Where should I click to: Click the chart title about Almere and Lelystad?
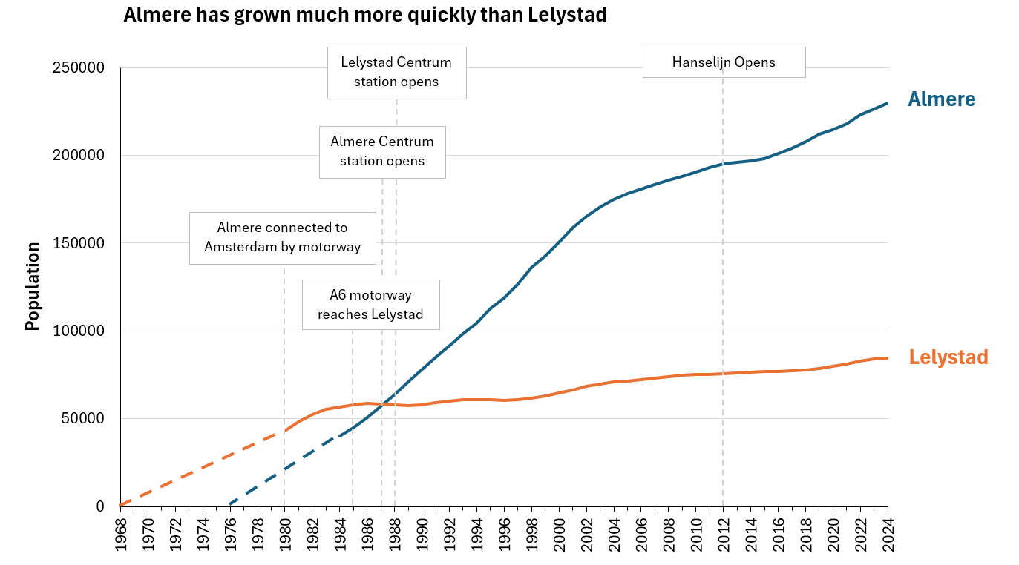[364, 16]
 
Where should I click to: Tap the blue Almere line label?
[941, 99]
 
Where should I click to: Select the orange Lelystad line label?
[948, 357]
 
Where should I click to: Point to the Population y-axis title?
[32, 286]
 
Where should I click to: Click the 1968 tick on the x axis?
[121, 532]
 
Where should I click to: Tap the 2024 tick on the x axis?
[888, 532]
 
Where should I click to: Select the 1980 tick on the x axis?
[285, 532]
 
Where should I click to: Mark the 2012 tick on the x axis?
[724, 532]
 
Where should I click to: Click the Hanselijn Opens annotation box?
[724, 62]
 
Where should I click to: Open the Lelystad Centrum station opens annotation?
[396, 72]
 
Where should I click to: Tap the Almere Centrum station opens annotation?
[382, 151]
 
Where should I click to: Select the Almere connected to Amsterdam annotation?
[282, 237]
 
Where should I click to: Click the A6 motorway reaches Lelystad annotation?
[370, 305]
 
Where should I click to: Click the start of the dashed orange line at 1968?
[121, 506]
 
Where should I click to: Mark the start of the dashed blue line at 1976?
[230, 504]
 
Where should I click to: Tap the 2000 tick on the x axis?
[559, 532]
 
